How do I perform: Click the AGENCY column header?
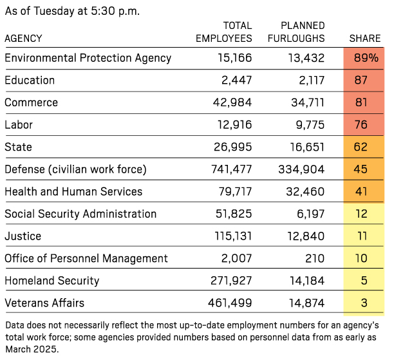click(x=23, y=39)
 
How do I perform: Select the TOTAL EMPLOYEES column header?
click(x=223, y=32)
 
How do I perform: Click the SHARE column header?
click(x=365, y=39)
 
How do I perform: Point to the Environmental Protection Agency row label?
click(x=88, y=58)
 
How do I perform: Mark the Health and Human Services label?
click(x=73, y=192)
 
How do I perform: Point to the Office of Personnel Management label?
click(x=86, y=259)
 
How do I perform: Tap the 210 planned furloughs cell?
click(x=314, y=259)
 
